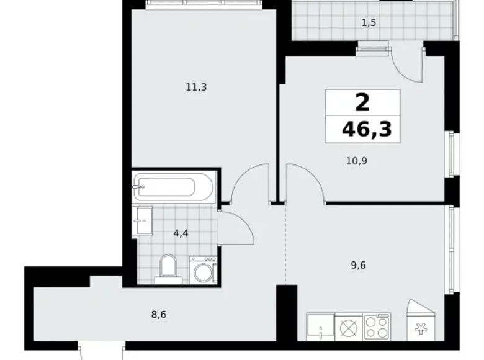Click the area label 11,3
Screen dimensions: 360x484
[196, 88]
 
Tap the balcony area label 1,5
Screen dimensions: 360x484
[369, 23]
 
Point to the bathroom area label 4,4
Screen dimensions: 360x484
[181, 234]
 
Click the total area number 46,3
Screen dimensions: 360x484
[370, 132]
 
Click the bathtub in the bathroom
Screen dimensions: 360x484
[173, 186]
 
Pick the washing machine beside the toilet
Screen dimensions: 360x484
[202, 271]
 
